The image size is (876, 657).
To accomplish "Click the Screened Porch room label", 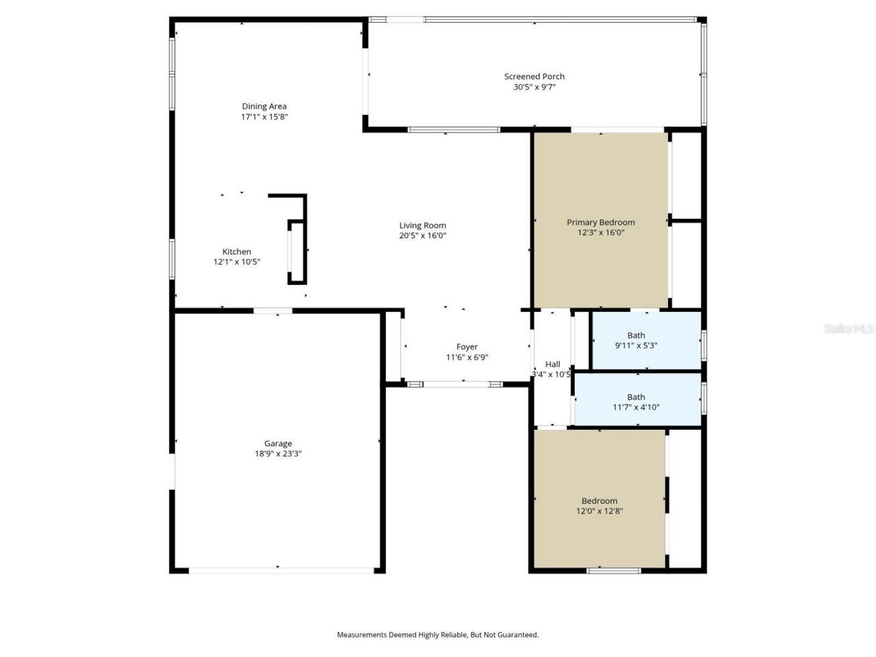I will click(x=534, y=77).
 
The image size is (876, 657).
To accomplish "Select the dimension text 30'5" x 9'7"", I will click(x=534, y=87).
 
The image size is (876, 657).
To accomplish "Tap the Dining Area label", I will click(x=264, y=106).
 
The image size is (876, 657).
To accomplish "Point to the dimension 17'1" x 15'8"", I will click(x=264, y=117).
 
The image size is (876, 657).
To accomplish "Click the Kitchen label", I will click(x=237, y=252).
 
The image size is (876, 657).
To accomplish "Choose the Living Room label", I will click(x=423, y=225).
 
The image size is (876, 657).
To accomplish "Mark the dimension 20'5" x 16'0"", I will click(x=423, y=235).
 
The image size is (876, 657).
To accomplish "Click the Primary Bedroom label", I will click(x=600, y=222).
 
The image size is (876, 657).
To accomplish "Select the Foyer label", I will click(x=467, y=347).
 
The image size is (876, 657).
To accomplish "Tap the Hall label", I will click(x=552, y=364).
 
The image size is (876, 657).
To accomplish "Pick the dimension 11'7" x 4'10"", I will click(x=636, y=407).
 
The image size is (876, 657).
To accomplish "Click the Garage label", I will click(x=278, y=443).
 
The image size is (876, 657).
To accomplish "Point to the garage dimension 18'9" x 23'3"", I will click(x=278, y=454).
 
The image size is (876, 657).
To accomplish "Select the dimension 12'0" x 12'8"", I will click(x=600, y=511).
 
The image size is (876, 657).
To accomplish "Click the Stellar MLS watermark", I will click(x=849, y=329).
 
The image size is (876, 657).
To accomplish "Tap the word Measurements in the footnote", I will click(x=361, y=635).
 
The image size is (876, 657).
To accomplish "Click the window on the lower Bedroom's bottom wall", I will click(x=614, y=570).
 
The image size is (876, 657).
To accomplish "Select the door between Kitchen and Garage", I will click(x=273, y=311).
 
